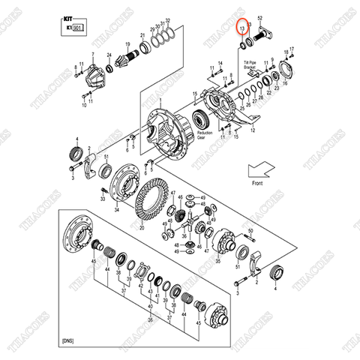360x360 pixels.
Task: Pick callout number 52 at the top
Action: tap(260, 17)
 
